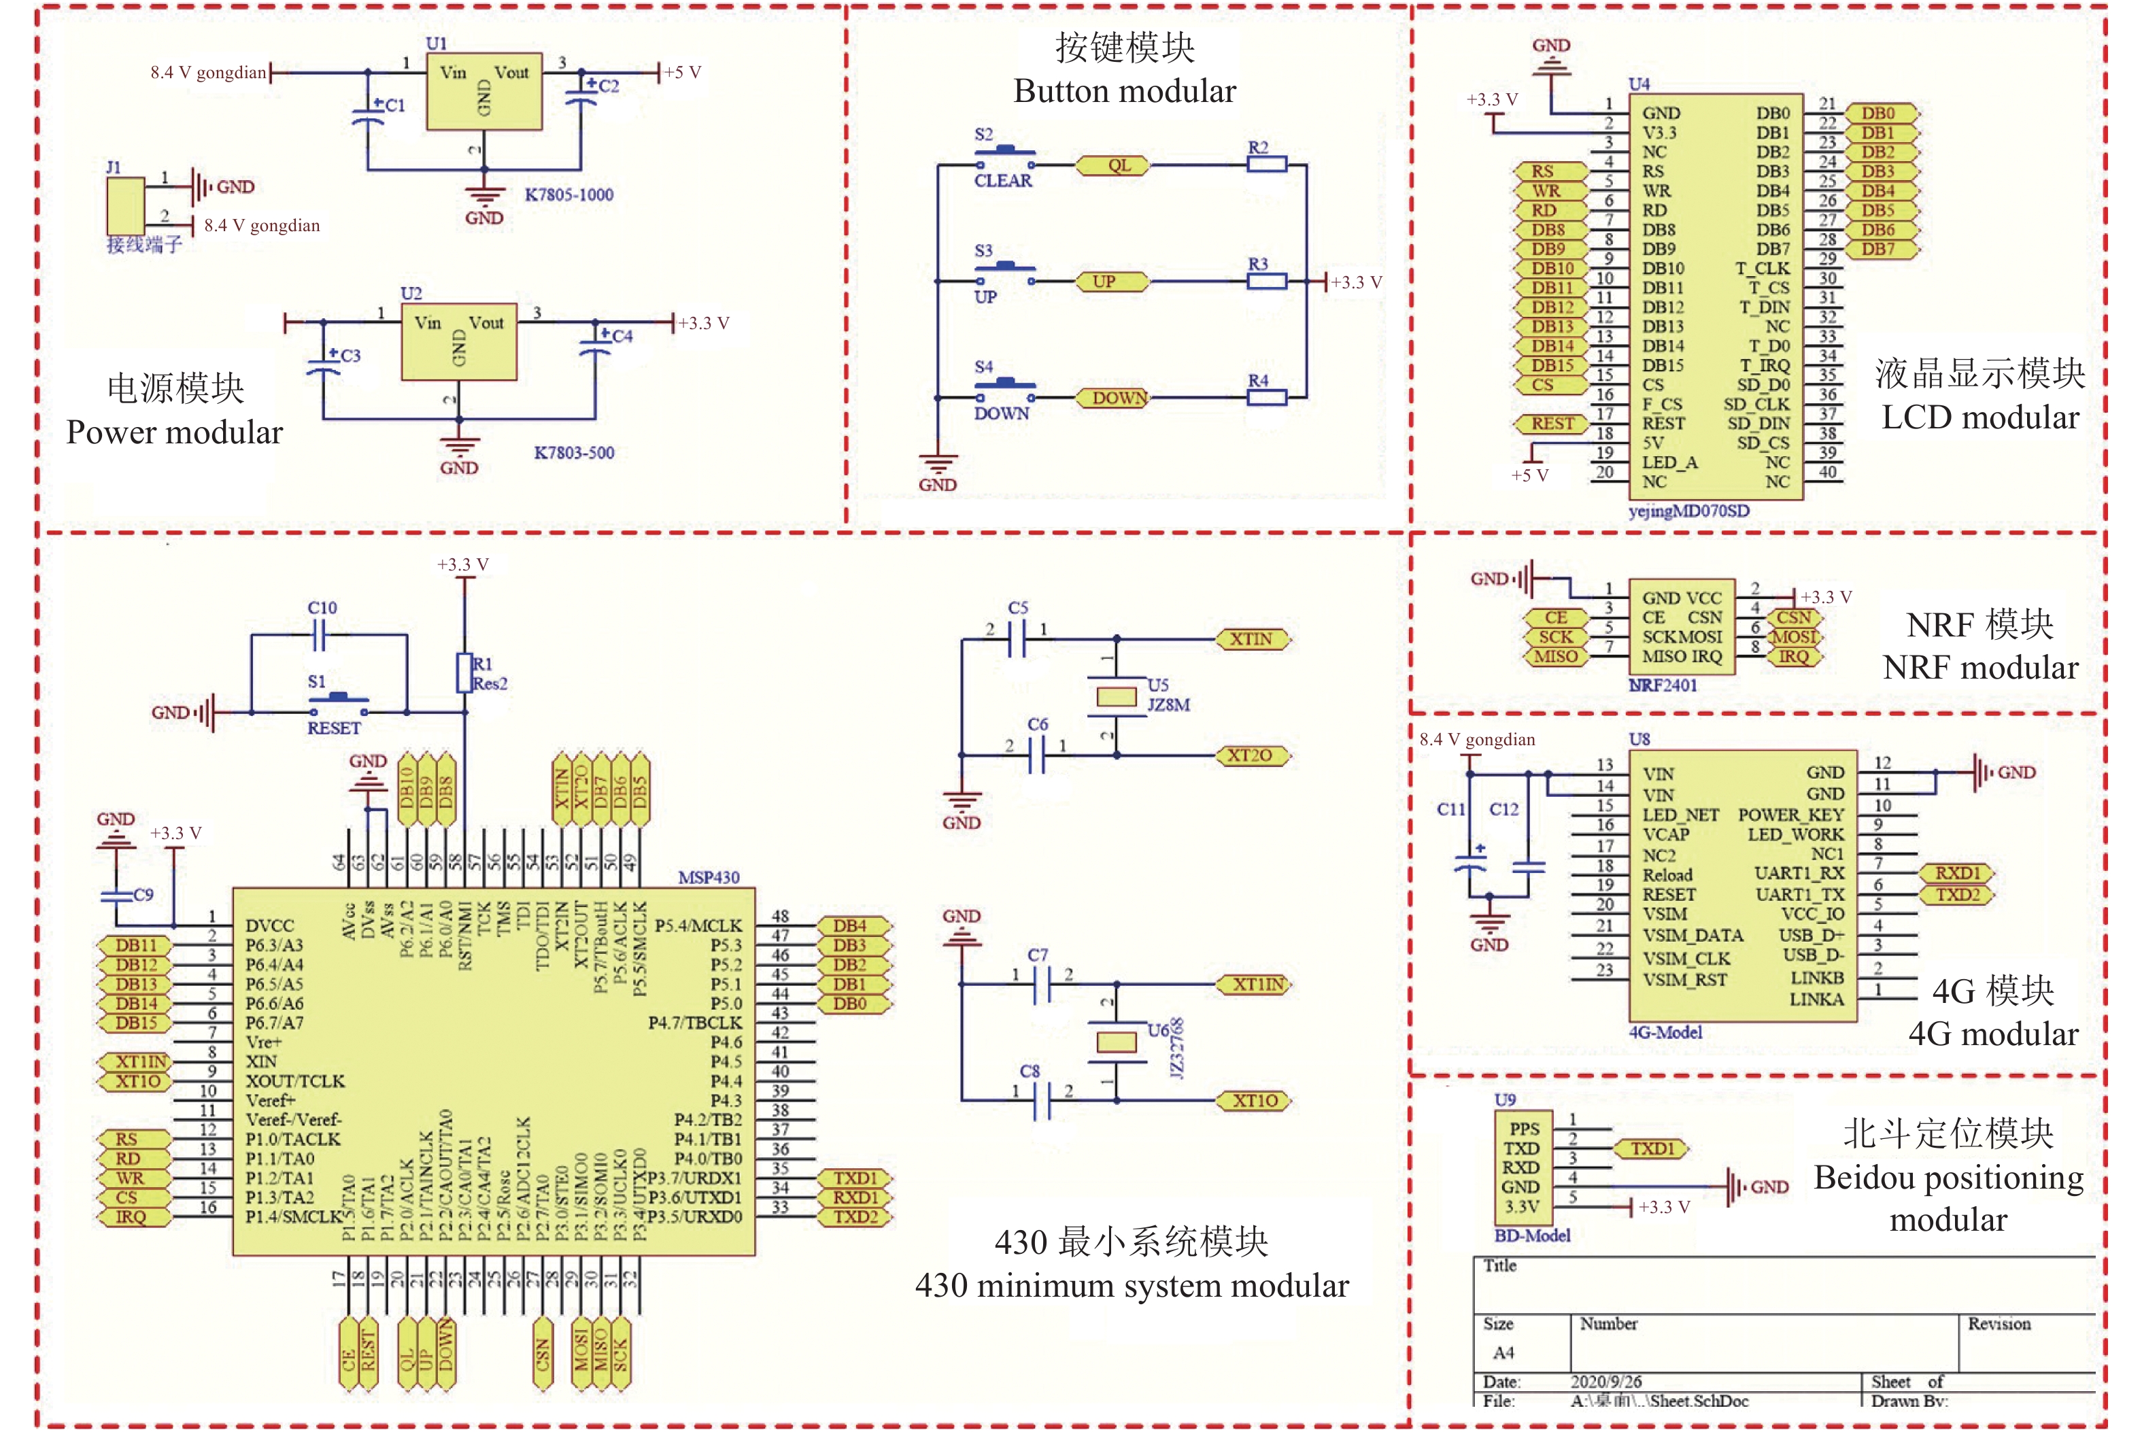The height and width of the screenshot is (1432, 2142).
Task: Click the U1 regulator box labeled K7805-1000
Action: (484, 91)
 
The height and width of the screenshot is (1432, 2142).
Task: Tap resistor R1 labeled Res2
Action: (464, 673)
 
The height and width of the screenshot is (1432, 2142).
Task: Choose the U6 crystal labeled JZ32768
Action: (1116, 1042)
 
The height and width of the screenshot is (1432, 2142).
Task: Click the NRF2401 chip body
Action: (1681, 628)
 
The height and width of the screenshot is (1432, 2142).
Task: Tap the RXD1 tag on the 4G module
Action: (1956, 873)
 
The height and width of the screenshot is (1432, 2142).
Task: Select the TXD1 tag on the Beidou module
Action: (1652, 1149)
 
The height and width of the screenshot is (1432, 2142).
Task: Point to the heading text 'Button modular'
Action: (1124, 91)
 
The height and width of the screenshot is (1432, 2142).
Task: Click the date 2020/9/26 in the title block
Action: (1605, 1382)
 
